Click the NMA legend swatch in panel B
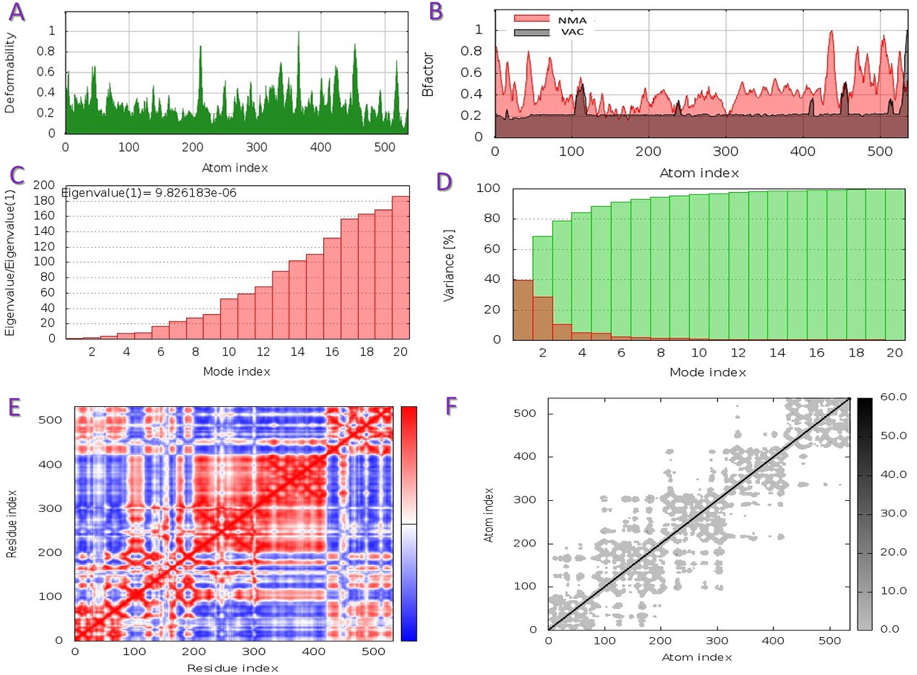[x=532, y=18]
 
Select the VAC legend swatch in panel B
[x=532, y=32]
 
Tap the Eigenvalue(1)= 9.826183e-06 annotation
[x=149, y=193]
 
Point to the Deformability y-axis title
[x=10, y=73]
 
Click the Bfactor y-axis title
[x=427, y=74]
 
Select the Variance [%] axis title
[x=449, y=265]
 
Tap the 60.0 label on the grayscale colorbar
[x=893, y=397]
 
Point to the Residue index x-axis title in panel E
[x=232, y=668]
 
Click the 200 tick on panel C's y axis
[x=44, y=185]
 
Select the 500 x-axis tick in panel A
[x=384, y=147]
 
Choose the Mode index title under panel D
[x=708, y=373]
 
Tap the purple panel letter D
[x=444, y=182]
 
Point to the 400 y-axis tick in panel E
[x=50, y=464]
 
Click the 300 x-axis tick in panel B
[x=726, y=151]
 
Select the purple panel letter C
[x=17, y=176]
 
